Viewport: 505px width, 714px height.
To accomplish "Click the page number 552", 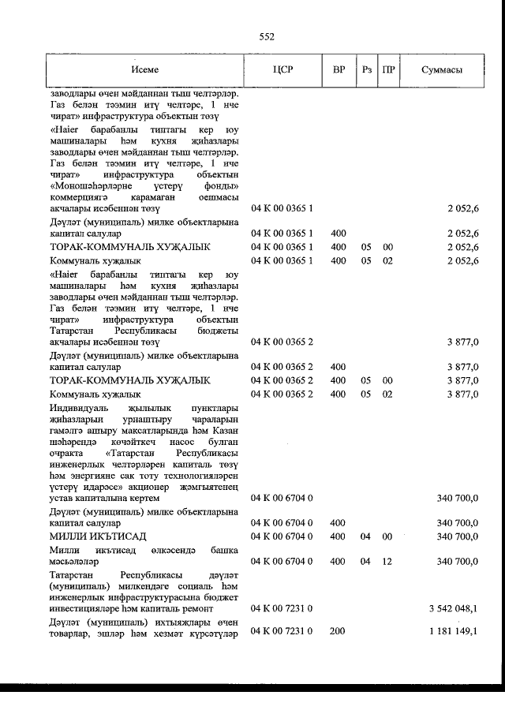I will pyautogui.click(x=266, y=36).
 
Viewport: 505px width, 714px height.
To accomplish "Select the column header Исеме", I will pyautogui.click(x=145, y=69).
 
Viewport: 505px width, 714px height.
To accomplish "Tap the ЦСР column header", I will pyautogui.click(x=282, y=69).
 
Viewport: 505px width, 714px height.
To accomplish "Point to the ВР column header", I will pyautogui.click(x=339, y=69).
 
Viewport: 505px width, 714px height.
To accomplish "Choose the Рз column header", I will pyautogui.click(x=367, y=69).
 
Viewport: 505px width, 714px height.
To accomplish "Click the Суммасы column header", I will pyautogui.click(x=442, y=69).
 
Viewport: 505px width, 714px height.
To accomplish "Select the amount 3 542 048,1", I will pyautogui.click(x=454, y=608).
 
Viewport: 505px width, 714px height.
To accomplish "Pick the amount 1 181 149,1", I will pyautogui.click(x=454, y=632).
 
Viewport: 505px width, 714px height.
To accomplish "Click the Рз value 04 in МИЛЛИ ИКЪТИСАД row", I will pyautogui.click(x=365, y=536).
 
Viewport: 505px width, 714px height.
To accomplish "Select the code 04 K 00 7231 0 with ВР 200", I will pyautogui.click(x=282, y=632).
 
